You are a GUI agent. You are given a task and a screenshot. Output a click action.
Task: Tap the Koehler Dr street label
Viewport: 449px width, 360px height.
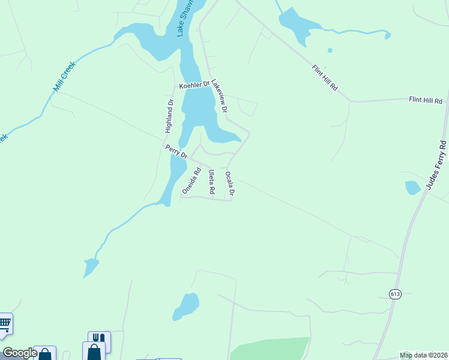(194, 85)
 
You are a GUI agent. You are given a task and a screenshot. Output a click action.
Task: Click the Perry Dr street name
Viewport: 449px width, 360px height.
(176, 152)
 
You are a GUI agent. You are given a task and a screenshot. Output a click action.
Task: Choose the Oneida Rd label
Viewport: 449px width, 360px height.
(191, 181)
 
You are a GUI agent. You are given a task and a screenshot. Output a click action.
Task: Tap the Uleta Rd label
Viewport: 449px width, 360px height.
(211, 182)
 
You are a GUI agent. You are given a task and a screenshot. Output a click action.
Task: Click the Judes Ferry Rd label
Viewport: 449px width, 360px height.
(436, 166)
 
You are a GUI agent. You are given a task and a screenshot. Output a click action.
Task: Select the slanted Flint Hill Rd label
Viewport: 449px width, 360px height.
(325, 77)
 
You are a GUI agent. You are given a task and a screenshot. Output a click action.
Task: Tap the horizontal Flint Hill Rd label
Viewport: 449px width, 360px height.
(426, 100)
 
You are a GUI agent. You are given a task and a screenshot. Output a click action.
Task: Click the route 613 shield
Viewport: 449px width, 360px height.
(394, 294)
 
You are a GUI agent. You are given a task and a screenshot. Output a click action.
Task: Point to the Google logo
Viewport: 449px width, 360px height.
(19, 353)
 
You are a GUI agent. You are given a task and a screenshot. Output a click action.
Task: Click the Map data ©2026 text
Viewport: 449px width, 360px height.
(423, 355)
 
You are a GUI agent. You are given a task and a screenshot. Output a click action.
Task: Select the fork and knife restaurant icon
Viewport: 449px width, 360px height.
(99, 338)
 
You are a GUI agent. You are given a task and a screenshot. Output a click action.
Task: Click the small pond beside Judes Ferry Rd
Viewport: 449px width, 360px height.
(412, 188)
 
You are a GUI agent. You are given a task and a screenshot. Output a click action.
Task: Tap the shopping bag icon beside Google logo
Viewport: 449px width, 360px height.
(45, 354)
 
